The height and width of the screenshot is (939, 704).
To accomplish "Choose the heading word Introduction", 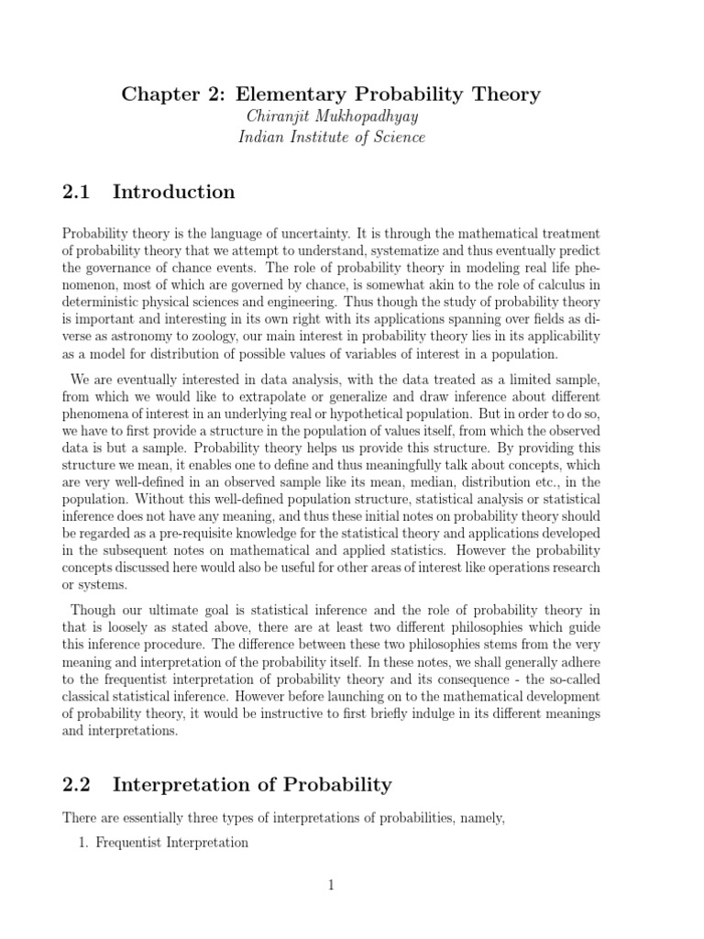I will click(x=173, y=193).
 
